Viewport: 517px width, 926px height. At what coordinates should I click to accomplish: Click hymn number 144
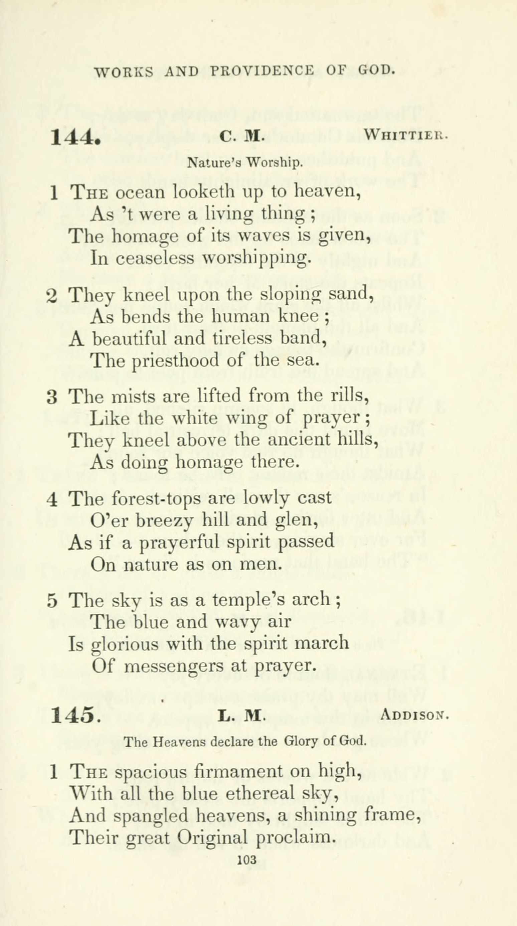[x=75, y=138]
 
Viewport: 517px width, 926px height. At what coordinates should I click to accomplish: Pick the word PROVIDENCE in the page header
[x=262, y=70]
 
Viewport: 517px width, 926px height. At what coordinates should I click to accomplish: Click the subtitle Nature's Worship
[x=244, y=163]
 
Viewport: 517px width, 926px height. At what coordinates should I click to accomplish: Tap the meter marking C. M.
[x=242, y=136]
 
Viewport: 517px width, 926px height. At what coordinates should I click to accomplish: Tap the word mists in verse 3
[x=133, y=397]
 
